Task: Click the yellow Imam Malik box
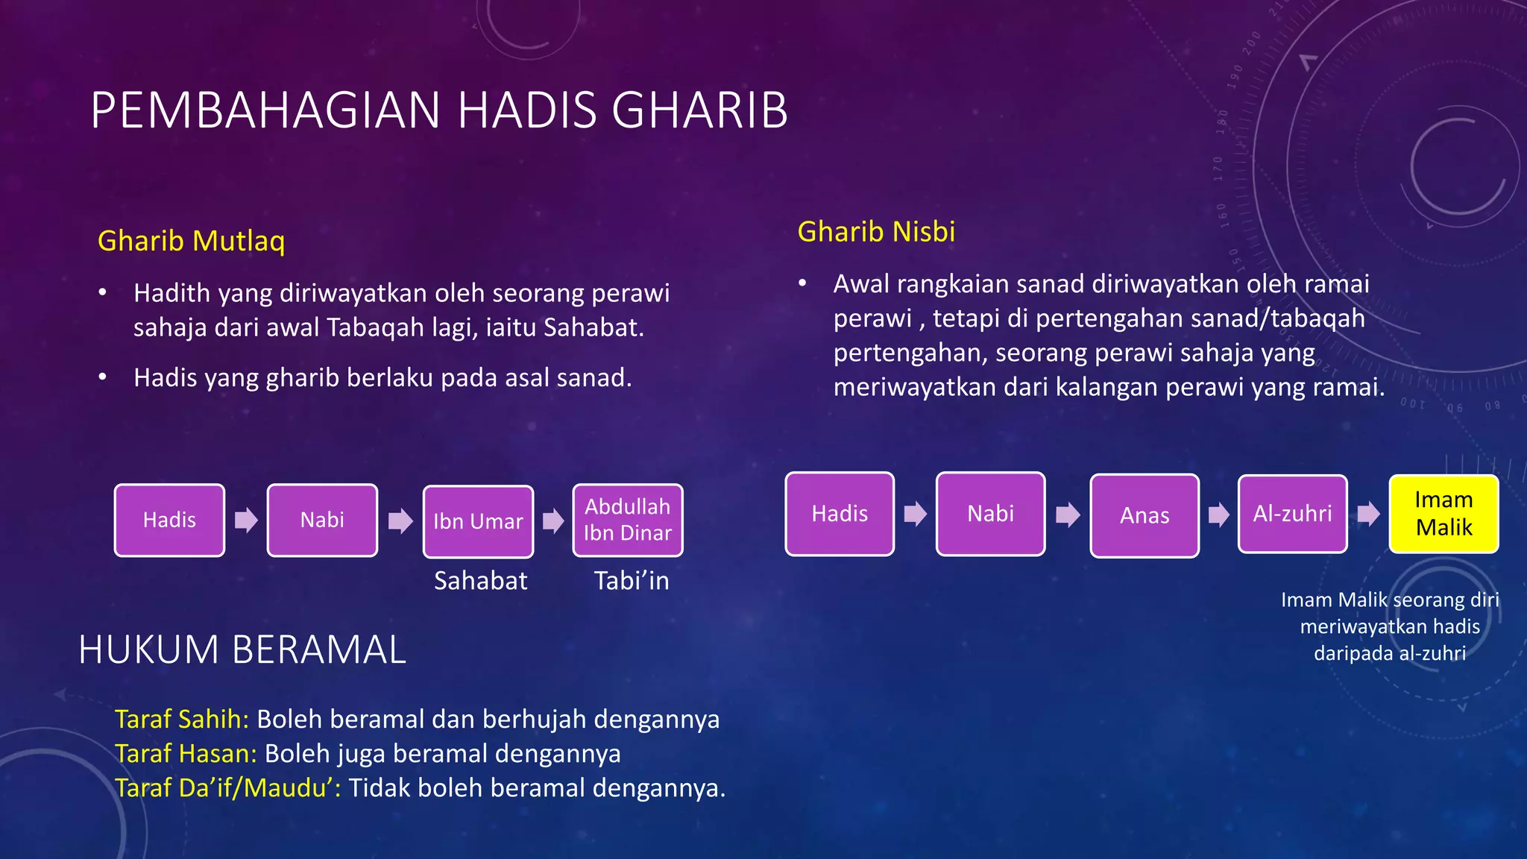click(1443, 514)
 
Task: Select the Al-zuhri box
click(1292, 514)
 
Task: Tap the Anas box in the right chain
click(1145, 515)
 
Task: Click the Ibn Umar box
click(478, 521)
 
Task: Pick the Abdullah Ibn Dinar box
click(627, 520)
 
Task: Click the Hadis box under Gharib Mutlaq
click(169, 520)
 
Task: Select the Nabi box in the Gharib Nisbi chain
click(990, 514)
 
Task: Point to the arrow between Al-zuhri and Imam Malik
click(1368, 514)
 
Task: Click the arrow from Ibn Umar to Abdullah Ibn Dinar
click(552, 520)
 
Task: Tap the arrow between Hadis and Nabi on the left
click(246, 520)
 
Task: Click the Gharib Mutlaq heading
click(191, 241)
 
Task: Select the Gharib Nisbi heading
click(876, 232)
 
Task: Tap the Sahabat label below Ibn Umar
click(480, 580)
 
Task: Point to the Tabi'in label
click(631, 580)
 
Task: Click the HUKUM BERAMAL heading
click(242, 649)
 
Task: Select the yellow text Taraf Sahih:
click(181, 719)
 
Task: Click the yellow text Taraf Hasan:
click(186, 753)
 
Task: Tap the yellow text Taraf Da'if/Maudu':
click(227, 787)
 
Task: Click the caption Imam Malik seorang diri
click(1389, 600)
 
